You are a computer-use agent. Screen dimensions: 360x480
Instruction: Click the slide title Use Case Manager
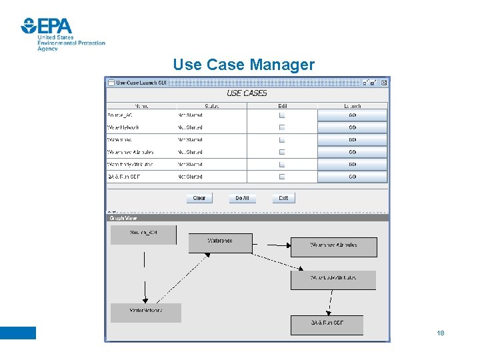tap(243, 65)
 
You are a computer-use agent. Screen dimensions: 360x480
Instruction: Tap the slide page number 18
tap(440, 333)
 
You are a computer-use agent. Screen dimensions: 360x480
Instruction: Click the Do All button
tap(242, 198)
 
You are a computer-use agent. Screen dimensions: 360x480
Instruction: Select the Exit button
tap(283, 198)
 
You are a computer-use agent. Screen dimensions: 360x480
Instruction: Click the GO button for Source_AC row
tap(352, 115)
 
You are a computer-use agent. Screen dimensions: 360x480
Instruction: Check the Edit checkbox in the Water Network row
tap(282, 127)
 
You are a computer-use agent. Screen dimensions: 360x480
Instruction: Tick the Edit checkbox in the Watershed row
tap(282, 140)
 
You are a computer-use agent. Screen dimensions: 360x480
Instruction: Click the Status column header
tap(212, 106)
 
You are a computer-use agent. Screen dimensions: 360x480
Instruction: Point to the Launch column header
tap(352, 106)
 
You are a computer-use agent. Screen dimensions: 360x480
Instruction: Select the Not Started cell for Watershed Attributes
tap(190, 152)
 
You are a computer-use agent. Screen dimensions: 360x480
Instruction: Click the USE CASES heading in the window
tap(247, 93)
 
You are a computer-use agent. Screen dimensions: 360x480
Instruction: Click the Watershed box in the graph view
tap(220, 243)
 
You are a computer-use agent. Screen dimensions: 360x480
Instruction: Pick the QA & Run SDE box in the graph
tap(327, 325)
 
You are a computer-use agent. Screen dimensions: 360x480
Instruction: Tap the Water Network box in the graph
tap(146, 313)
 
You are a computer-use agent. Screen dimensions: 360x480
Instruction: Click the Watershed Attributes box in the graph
tap(333, 247)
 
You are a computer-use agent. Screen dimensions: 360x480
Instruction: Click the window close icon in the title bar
tap(382, 83)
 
